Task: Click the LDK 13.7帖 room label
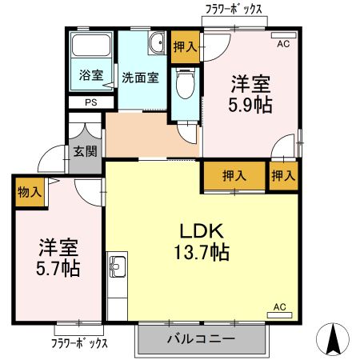coord(203,241)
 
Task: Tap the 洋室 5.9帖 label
coord(250,94)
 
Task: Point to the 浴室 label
coord(90,76)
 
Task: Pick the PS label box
coord(91,102)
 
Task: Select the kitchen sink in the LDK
coord(117,266)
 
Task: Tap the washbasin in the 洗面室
coord(155,41)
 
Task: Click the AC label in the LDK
coord(279,306)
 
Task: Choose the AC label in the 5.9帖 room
coord(283,45)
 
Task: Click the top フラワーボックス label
coord(233,10)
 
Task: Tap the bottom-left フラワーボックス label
coord(79,343)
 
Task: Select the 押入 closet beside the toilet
coord(185,46)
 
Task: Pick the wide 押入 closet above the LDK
coord(233,175)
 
